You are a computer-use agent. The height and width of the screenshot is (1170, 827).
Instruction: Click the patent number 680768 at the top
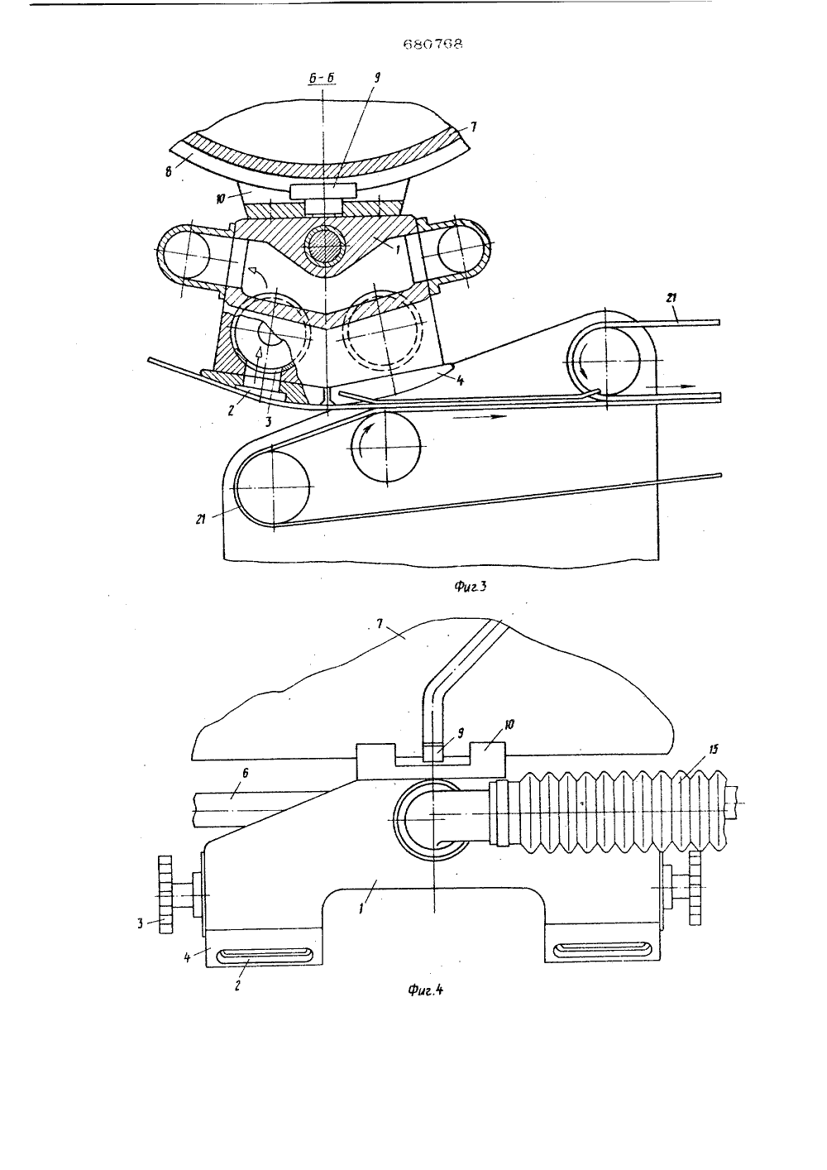(433, 45)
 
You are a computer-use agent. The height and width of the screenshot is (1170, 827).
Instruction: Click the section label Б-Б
(322, 78)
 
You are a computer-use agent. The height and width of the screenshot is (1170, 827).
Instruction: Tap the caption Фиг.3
(470, 586)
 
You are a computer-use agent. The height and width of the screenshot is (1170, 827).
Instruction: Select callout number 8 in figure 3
(169, 171)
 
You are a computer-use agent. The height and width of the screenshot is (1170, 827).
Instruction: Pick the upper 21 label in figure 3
(672, 298)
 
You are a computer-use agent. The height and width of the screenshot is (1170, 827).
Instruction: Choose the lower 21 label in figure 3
(201, 519)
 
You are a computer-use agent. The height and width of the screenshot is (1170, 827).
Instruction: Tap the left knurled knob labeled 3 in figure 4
(165, 894)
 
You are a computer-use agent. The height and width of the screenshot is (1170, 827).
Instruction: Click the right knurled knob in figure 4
(695, 887)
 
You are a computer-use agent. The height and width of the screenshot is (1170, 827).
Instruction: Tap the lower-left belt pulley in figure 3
(272, 487)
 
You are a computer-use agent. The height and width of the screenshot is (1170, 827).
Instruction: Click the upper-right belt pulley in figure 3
(605, 361)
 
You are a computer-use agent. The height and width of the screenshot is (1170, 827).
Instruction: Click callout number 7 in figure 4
(380, 624)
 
